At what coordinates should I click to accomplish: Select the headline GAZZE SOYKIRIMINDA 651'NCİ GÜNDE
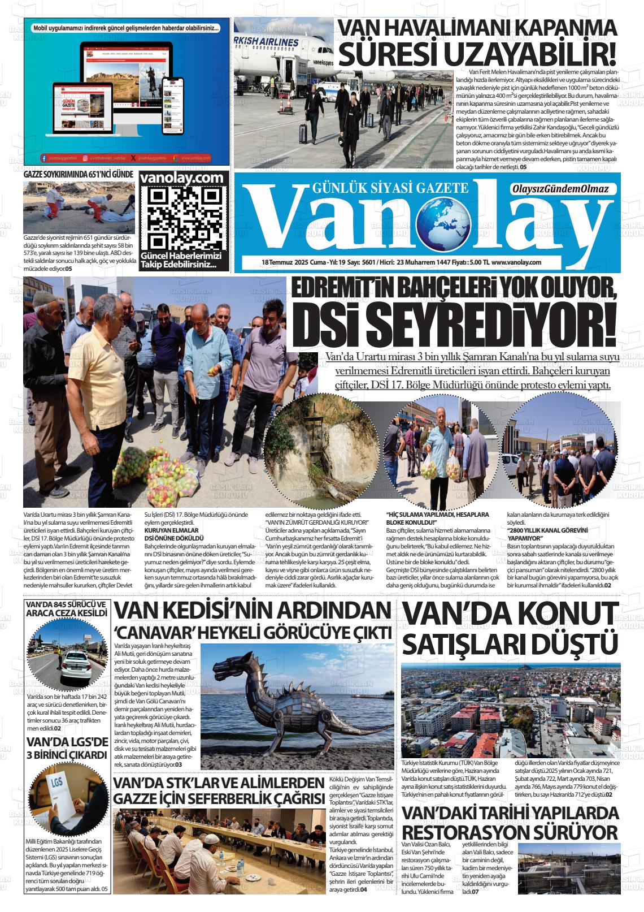point(79,174)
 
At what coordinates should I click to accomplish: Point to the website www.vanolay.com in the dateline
point(516,262)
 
